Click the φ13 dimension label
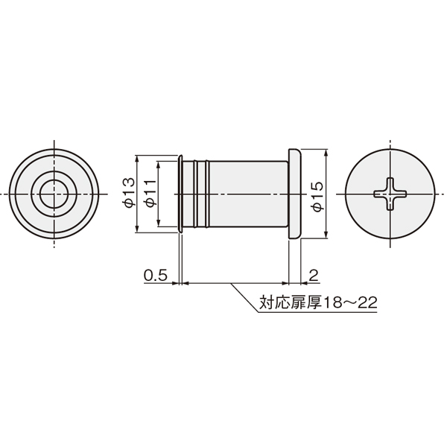point(128,192)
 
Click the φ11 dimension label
point(150,193)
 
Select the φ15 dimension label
point(317,196)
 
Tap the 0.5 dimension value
point(155,276)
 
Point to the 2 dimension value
point(314,276)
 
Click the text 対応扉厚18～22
point(318,302)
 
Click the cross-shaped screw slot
point(390,194)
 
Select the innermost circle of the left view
point(54,194)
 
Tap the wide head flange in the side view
point(295,194)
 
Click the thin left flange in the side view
point(180,194)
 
